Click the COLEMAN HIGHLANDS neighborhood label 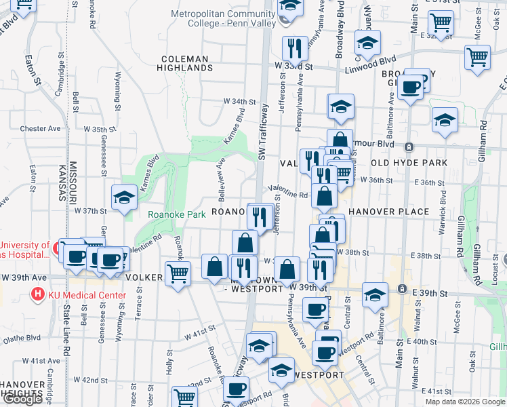185,63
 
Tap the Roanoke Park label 177,214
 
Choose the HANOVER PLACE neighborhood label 389,212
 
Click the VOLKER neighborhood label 143,277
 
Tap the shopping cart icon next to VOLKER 178,274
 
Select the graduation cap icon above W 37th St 125,198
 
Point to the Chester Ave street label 41,128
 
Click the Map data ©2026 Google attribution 464,402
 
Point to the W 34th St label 241,102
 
